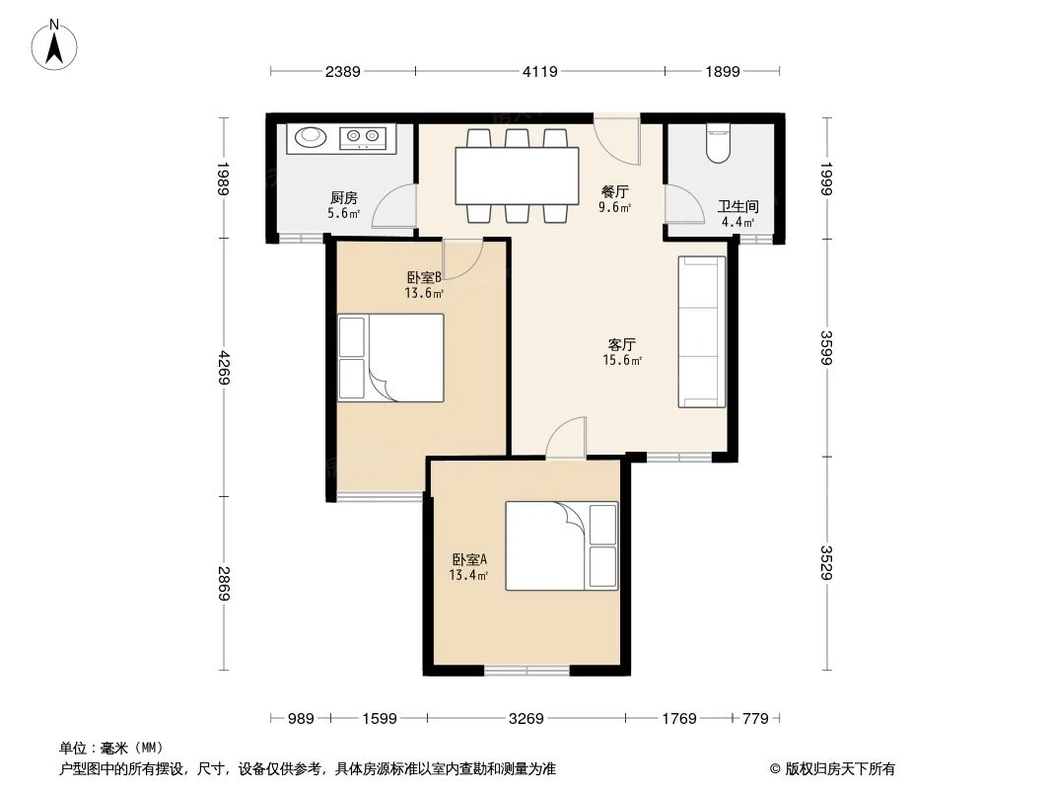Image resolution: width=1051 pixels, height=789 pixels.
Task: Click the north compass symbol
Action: coord(57,45)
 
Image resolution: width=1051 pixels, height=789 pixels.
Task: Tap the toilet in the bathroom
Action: coord(719,144)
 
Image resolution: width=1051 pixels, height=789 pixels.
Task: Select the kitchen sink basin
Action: coord(311,137)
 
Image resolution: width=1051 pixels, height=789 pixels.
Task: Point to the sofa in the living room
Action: coord(702,331)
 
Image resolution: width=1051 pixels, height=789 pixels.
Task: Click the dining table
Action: coord(517,176)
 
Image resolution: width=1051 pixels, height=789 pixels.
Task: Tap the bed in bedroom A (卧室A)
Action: coord(561,545)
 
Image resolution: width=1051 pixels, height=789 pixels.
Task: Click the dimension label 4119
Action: coord(539,71)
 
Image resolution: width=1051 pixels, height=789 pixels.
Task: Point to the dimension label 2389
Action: coord(343,71)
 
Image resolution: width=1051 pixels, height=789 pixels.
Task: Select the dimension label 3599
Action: coord(826,347)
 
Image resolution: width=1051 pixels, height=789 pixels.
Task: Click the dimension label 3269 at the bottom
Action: coord(525,719)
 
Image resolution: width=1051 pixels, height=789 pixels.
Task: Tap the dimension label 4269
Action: coord(225,368)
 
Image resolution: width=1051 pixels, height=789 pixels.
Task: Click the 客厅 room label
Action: coord(621,344)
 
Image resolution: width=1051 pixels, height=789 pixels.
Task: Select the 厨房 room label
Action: coord(343,196)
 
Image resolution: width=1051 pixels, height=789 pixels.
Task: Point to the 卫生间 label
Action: coord(737,206)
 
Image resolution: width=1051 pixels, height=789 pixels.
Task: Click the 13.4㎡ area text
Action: coord(468,576)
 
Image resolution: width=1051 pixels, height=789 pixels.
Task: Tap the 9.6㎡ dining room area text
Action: coord(615,208)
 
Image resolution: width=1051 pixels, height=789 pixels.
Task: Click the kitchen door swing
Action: coord(396,208)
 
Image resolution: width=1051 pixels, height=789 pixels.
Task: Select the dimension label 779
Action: coord(754,719)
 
